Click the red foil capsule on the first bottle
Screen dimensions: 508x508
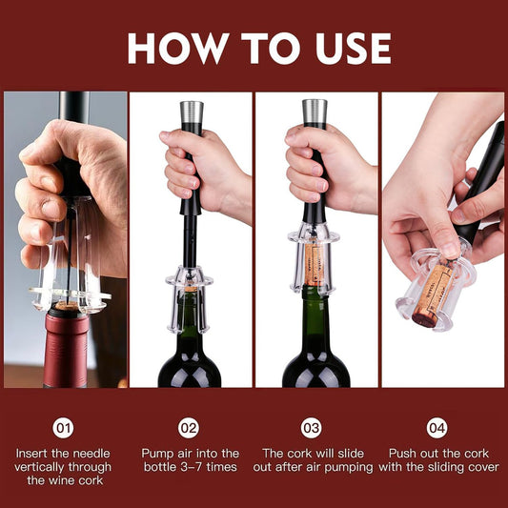tap(66, 347)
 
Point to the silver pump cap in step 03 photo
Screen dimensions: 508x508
tap(315, 112)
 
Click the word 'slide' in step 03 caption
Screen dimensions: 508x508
tap(359, 454)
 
